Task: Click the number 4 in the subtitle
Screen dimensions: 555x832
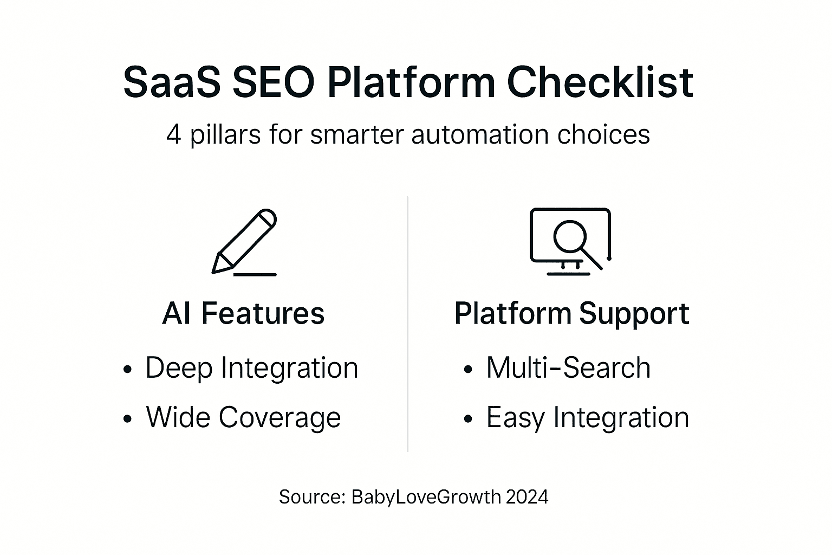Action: pos(173,134)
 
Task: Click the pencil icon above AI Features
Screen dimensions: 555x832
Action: pos(245,241)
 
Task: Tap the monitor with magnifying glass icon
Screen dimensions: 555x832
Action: pos(570,241)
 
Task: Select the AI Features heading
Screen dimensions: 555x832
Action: pos(243,314)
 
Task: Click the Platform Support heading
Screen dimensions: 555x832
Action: pos(571,314)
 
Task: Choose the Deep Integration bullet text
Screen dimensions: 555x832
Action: pos(251,368)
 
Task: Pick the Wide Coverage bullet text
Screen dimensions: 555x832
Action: pos(243,417)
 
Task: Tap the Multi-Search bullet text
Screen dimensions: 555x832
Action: pos(568,368)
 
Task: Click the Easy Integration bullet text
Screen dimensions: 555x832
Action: pos(588,417)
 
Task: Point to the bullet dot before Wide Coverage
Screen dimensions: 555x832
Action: pos(127,419)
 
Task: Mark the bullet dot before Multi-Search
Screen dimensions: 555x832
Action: pos(469,370)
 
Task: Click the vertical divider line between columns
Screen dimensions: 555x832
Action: pos(408,325)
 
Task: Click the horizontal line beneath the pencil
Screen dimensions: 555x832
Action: pos(255,274)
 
